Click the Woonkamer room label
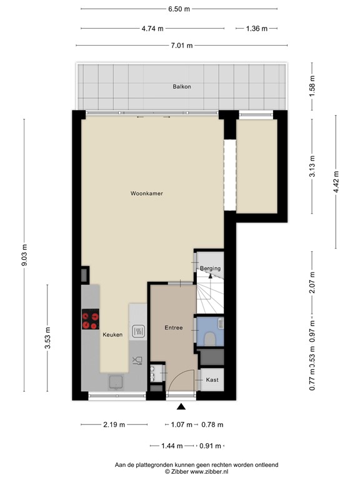pos(147,194)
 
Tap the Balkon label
pos(182,86)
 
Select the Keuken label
pos(112,335)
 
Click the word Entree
pos(173,327)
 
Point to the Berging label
pos(210,269)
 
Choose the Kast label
pos(212,379)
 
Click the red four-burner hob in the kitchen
pos(90,320)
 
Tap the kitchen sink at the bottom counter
pos(115,381)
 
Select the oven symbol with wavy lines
pos(138,331)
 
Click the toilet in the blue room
pos(211,338)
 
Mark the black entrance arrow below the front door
pos(181,407)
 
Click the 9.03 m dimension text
pos(25,255)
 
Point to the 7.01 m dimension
pos(181,46)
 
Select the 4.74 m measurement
pos(152,28)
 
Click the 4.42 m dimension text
pos(337,181)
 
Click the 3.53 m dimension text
pos(47,337)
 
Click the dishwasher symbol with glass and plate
pos(137,360)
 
